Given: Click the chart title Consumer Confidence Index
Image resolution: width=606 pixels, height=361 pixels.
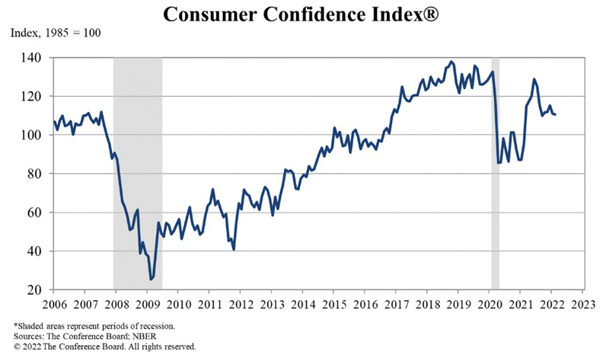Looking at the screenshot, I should [x=303, y=14].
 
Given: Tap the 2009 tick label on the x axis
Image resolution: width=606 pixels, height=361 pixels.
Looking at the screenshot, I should [x=148, y=305].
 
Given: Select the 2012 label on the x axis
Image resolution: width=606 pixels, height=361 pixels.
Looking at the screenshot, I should [x=240, y=305].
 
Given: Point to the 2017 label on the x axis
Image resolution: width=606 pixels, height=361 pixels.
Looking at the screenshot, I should [x=394, y=305].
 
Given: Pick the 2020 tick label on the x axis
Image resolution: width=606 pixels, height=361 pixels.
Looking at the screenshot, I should [x=487, y=305].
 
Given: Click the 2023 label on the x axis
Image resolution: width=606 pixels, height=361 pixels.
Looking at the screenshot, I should [x=581, y=305].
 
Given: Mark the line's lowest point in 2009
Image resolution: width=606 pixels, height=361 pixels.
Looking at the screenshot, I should [x=151, y=280].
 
